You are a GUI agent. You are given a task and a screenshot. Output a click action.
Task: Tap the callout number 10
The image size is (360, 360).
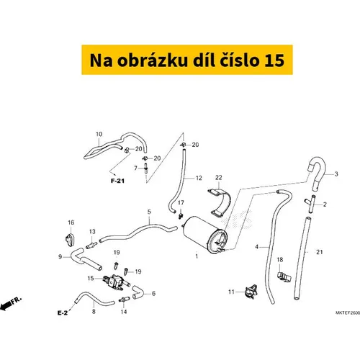click(99, 134)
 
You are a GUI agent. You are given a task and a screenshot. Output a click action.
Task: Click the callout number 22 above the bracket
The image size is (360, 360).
click(218, 177)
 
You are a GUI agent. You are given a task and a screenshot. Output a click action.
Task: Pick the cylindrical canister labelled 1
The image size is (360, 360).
click(204, 234)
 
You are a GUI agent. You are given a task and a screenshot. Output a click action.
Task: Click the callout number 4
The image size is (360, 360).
click(256, 248)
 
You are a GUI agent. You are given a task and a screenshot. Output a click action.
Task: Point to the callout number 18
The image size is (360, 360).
click(281, 259)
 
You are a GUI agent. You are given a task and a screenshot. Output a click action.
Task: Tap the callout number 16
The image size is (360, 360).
click(71, 222)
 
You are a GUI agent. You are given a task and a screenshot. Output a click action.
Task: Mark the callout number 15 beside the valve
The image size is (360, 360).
click(91, 278)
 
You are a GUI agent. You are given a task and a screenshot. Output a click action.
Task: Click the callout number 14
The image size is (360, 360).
click(123, 312)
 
